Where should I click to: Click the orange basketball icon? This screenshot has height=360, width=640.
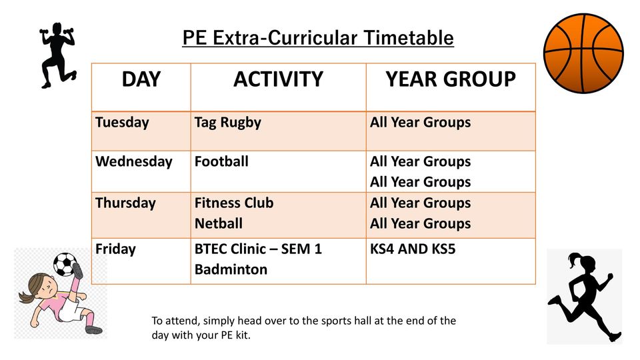(584, 53)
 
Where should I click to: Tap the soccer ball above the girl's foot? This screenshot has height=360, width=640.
(65, 264)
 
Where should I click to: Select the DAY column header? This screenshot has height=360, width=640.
(141, 79)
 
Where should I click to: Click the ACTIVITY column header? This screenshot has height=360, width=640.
(279, 79)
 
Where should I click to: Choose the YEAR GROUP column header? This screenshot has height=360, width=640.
(451, 79)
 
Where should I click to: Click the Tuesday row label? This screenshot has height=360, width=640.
(122, 123)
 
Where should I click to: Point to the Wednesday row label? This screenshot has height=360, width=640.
(134, 161)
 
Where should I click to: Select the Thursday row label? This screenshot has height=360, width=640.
(125, 203)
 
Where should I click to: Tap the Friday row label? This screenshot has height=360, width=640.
(115, 249)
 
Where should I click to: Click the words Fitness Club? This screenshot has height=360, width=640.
(234, 203)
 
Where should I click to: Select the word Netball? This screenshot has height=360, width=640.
(219, 224)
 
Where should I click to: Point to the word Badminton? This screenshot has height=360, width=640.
(231, 269)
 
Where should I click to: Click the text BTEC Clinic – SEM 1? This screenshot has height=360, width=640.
(258, 249)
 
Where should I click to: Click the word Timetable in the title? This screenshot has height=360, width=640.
(408, 38)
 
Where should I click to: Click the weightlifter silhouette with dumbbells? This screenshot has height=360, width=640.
(58, 55)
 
